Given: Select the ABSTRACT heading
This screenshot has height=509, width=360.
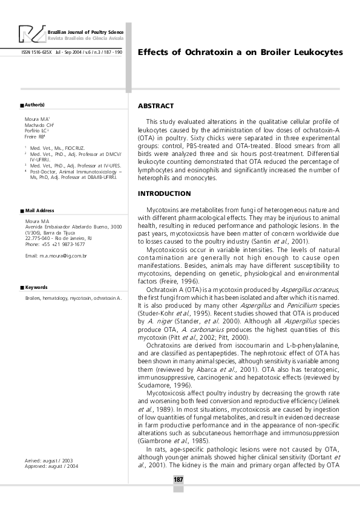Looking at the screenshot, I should coord(155,106).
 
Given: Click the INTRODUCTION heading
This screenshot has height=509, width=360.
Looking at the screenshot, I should coord(164,193).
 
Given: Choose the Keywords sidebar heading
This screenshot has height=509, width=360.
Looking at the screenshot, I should coord(36,287).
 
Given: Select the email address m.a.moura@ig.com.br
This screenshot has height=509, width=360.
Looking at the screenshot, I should coord(56,256).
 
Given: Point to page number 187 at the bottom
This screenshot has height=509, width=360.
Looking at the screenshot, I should coord(178,479).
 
